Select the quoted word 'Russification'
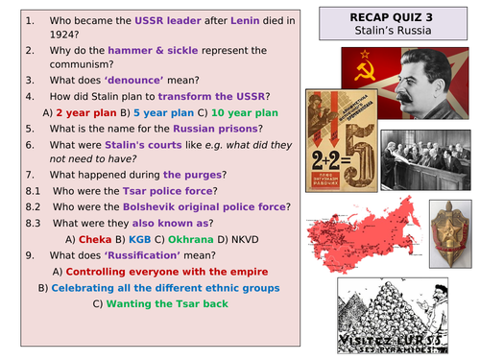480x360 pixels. [151, 282]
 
